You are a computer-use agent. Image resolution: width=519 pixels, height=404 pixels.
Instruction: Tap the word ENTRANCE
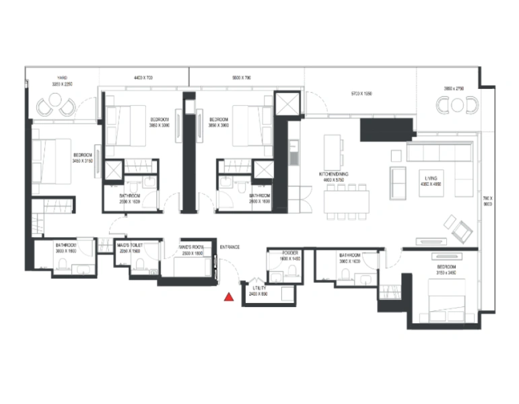pyautogui.click(x=230, y=247)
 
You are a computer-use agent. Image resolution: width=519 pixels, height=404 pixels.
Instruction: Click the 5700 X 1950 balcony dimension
pyautogui.click(x=361, y=94)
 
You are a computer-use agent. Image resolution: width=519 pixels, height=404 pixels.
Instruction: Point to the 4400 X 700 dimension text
pyautogui.click(x=143, y=78)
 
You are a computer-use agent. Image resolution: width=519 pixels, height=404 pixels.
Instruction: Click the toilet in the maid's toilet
pyautogui.click(x=139, y=264)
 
